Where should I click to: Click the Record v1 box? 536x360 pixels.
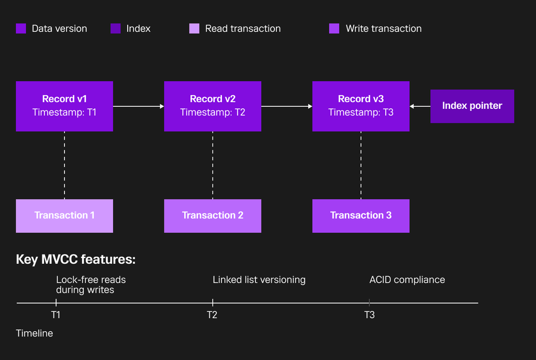64,106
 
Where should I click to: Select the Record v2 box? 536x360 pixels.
213,106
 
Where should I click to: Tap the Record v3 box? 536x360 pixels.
361,106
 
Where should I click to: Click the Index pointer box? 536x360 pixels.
472,106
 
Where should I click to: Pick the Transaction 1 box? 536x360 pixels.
64,216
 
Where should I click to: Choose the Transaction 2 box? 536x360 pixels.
213,216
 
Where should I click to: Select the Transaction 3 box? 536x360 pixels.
361,216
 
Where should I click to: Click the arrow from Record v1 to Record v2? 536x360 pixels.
138,106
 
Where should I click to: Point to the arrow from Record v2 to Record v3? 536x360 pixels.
287,106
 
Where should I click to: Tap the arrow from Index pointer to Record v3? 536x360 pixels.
420,106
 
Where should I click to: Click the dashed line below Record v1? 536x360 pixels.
64,165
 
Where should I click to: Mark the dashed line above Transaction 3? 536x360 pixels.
361,165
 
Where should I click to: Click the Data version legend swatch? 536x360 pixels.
21,28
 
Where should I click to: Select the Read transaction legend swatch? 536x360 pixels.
194,28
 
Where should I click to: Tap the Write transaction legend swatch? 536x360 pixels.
334,28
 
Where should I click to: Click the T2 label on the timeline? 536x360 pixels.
212,314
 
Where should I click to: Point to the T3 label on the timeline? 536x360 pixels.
369,314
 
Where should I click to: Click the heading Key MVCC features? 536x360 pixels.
75,259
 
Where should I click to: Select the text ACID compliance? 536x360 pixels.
407,280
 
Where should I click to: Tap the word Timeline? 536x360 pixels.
34,333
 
